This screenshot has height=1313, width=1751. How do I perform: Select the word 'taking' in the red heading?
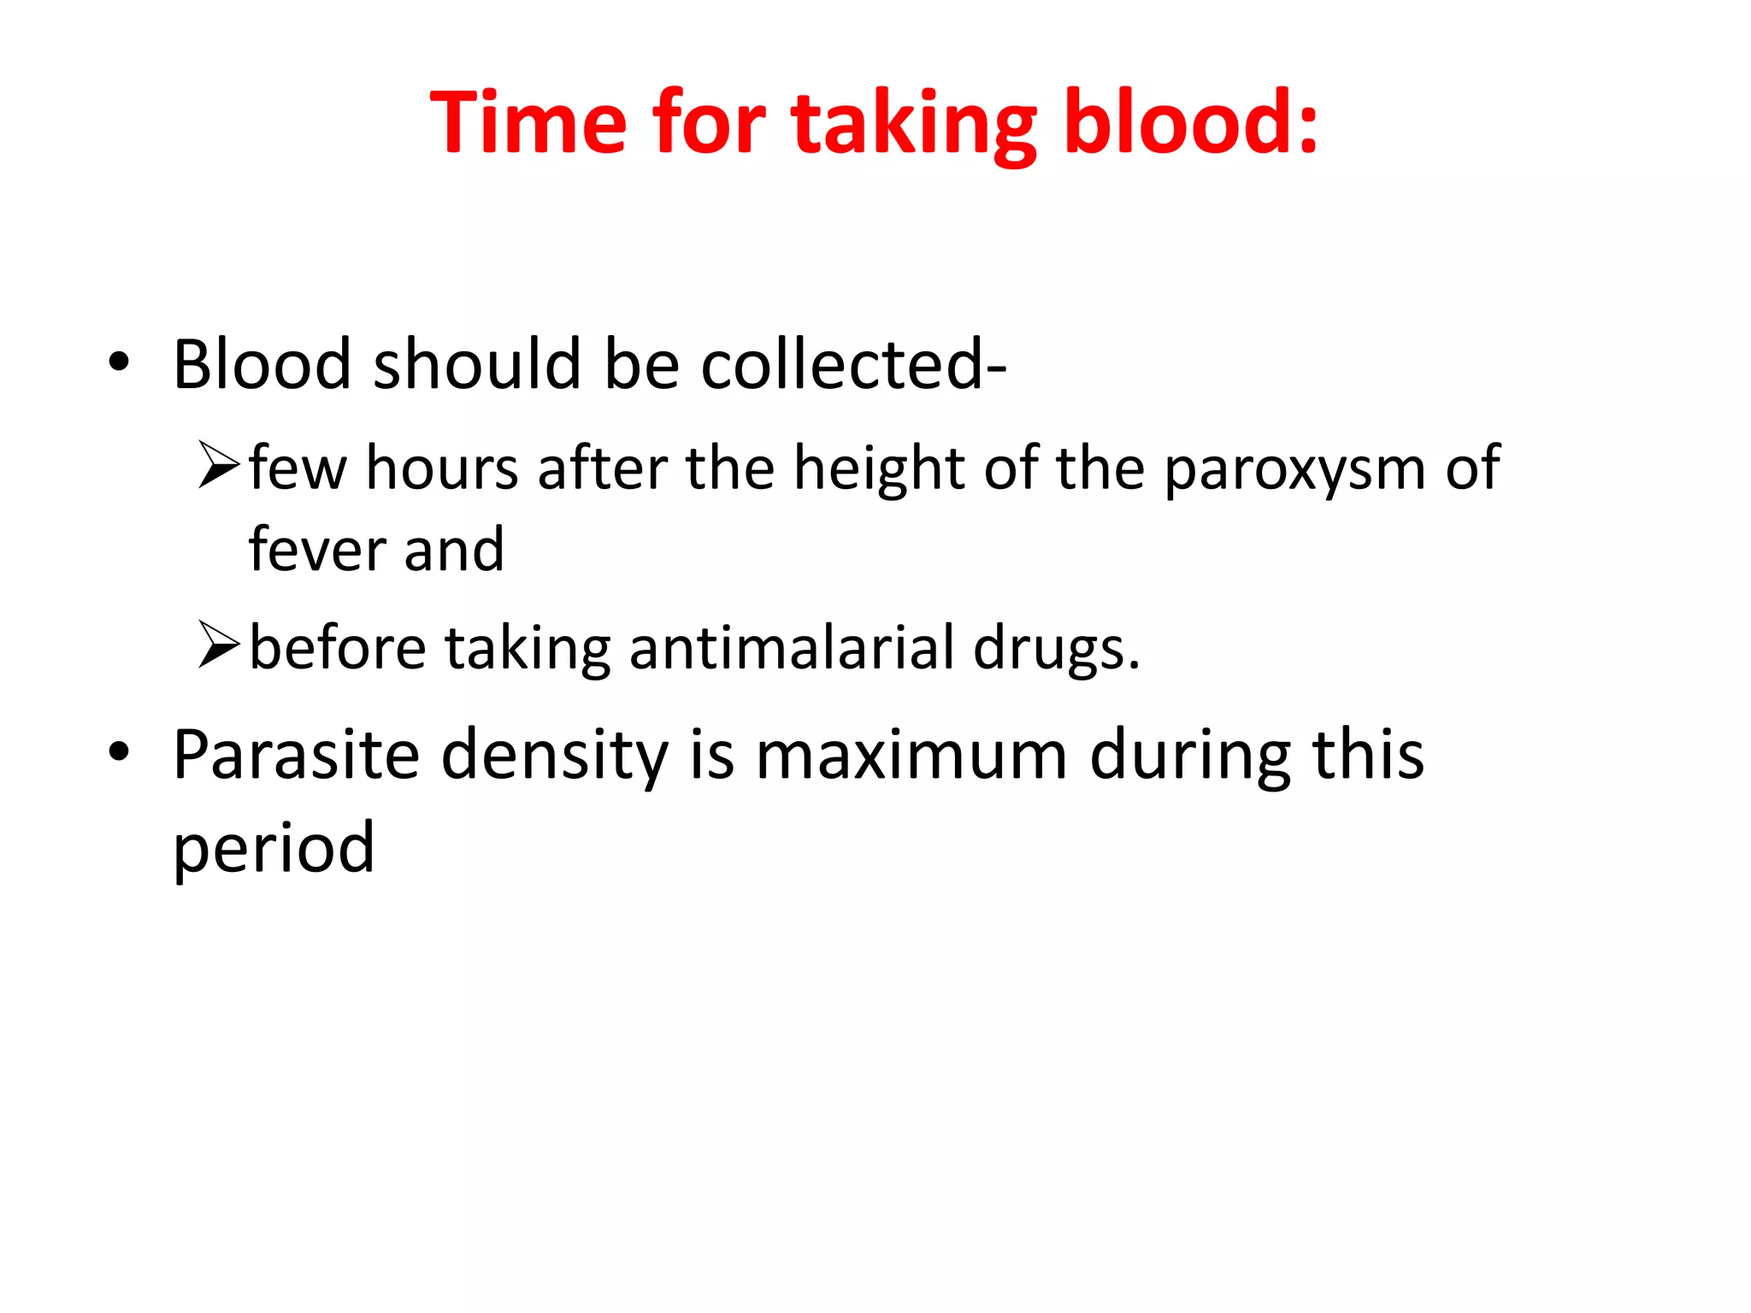tap(913, 128)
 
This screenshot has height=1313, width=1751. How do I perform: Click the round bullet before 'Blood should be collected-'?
tap(119, 362)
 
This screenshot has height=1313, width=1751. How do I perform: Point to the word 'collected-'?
tap(853, 364)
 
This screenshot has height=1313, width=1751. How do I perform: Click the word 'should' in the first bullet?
tap(476, 364)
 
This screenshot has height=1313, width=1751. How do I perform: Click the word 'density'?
tap(554, 757)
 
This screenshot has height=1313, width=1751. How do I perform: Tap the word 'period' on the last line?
tap(274, 848)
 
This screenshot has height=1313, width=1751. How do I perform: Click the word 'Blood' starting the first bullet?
tap(262, 364)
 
